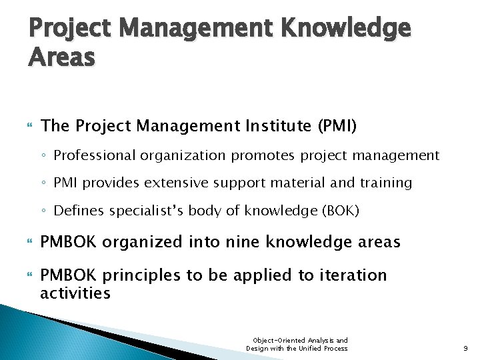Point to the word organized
coord(151,243)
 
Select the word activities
coord(75,293)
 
